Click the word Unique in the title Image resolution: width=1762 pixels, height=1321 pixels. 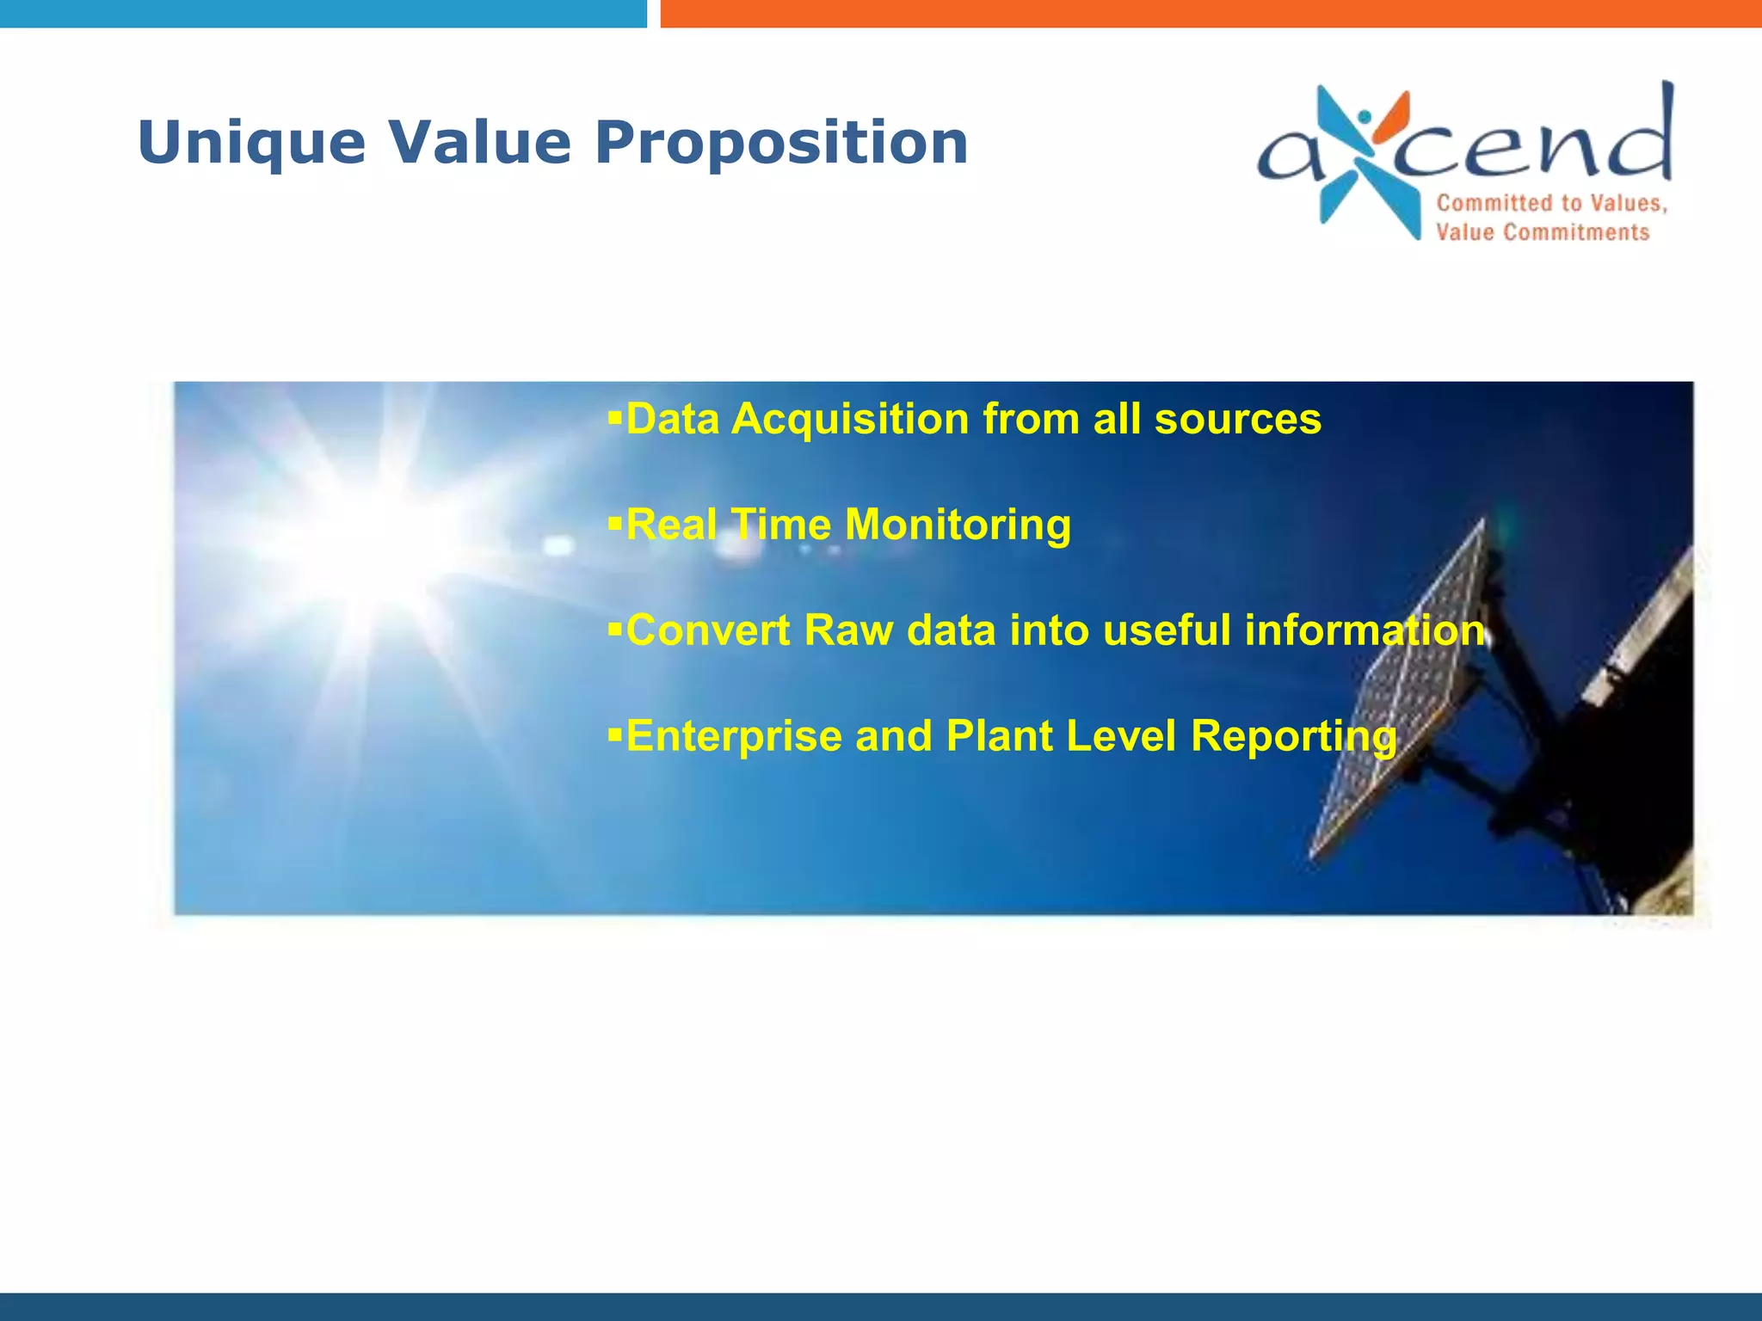(251, 143)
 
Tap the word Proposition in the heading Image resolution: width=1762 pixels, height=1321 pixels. (781, 143)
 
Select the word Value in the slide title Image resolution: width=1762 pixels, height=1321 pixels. (479, 143)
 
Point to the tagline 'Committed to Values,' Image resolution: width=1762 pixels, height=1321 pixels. (1551, 204)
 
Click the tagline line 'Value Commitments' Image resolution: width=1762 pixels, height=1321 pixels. (1542, 232)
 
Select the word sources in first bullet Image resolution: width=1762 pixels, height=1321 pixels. (1236, 420)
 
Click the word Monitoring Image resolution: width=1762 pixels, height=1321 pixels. (958, 525)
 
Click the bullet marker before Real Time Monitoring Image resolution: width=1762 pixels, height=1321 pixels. (614, 522)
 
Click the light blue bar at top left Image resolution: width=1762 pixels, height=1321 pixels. (323, 13)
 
